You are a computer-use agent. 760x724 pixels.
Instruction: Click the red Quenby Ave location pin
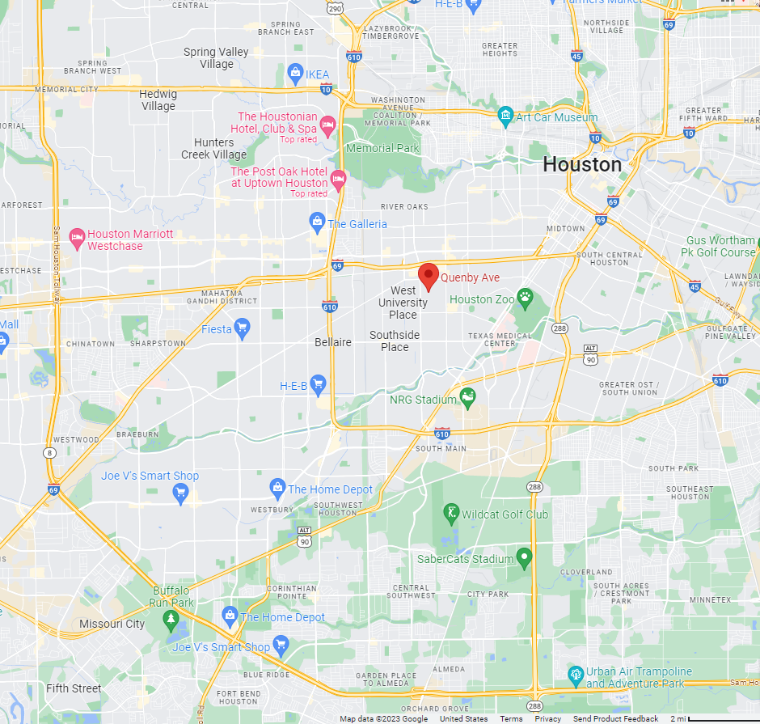[x=429, y=276]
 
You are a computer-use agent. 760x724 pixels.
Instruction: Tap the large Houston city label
[x=582, y=165]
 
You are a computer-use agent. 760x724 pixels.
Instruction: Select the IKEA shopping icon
[x=296, y=74]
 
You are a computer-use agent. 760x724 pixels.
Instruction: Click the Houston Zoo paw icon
[x=526, y=298]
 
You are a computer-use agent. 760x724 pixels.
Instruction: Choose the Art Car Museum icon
[x=505, y=116]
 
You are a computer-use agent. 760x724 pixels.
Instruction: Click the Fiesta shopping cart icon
[x=242, y=328]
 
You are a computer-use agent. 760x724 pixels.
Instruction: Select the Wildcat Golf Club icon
[x=451, y=514]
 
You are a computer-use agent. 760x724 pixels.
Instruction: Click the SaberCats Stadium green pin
[x=524, y=557]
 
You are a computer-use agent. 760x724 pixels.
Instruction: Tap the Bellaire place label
[x=333, y=342]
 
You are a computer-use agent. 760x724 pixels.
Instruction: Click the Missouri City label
[x=112, y=624]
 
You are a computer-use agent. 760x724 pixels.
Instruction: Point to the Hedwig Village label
[x=158, y=100]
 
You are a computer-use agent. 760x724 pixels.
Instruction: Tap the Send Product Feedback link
[x=615, y=719]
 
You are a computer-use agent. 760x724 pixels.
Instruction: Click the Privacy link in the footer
[x=547, y=719]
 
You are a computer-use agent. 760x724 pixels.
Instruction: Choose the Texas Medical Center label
[x=501, y=339]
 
